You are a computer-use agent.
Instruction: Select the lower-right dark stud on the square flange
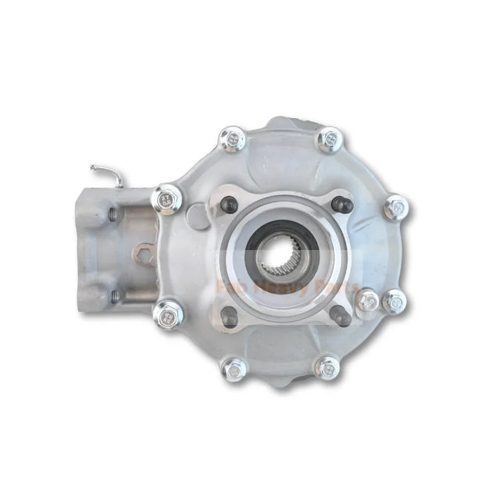click(339, 316)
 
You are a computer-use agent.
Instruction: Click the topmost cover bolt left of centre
click(232, 141)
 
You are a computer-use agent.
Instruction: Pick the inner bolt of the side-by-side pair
click(368, 298)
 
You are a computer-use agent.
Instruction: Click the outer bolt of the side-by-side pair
click(394, 300)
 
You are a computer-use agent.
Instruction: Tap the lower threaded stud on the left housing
click(114, 295)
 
